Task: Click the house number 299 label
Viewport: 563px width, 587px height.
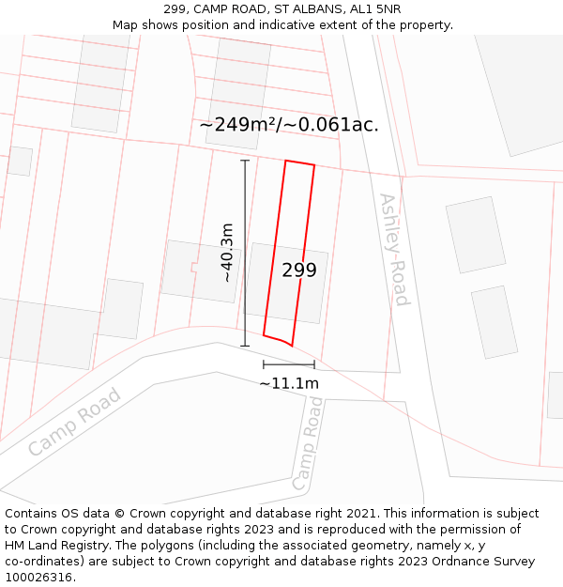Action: click(299, 270)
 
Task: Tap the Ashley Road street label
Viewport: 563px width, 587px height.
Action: click(394, 250)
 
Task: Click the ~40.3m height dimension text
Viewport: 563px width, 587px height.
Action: click(227, 253)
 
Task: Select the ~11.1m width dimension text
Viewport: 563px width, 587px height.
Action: click(289, 383)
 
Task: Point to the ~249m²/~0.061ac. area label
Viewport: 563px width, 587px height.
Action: click(289, 125)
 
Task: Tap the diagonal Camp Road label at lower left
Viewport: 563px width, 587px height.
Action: click(74, 423)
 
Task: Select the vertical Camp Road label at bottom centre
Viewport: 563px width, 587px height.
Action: click(307, 444)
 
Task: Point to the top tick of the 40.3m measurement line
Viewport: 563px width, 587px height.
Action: click(245, 161)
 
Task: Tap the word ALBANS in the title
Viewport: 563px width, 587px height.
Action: click(315, 9)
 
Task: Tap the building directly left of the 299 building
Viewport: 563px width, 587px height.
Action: click(200, 271)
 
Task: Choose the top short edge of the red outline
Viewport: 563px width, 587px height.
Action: click(299, 163)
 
